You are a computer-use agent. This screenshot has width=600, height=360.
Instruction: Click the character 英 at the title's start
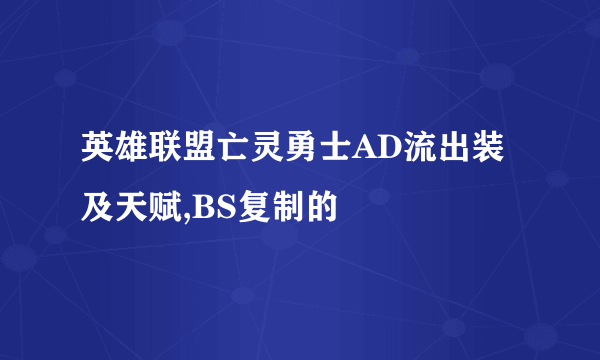pos(99,152)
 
